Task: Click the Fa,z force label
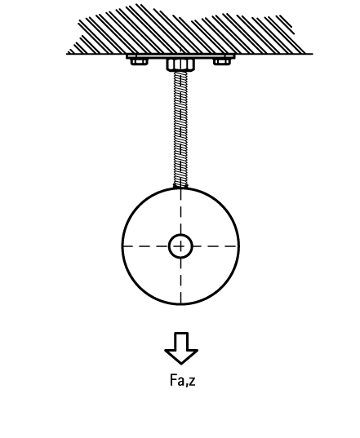click(183, 380)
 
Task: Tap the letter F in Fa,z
click(173, 380)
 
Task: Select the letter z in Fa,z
click(192, 382)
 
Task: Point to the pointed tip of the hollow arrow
click(181, 364)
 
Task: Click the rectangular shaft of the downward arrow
click(181, 341)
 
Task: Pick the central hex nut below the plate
click(180, 64)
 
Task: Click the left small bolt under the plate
click(139, 61)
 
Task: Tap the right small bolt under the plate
click(222, 61)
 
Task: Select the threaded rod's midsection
click(180, 129)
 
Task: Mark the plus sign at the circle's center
click(180, 246)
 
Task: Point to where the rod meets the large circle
click(180, 188)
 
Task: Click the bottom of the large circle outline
click(180, 304)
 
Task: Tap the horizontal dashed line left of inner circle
click(145, 246)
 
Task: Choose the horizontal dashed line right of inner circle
click(216, 246)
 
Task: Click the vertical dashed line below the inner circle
click(180, 281)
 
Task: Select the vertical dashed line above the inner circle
click(180, 211)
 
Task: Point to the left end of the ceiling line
click(66, 54)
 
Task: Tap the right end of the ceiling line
click(313, 54)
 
